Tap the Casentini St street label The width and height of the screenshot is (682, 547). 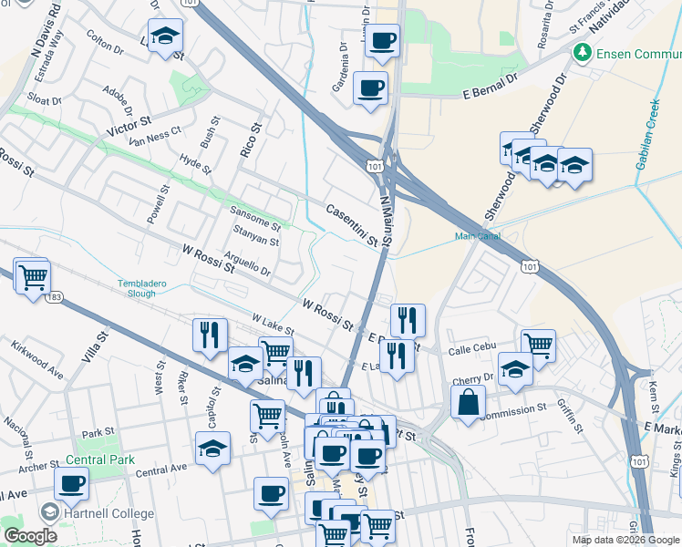pyautogui.click(x=352, y=224)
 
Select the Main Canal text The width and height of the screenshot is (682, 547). pyautogui.click(x=478, y=237)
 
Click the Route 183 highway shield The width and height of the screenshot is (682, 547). pyautogui.click(x=55, y=297)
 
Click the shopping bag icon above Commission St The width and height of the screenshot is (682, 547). pyautogui.click(x=468, y=400)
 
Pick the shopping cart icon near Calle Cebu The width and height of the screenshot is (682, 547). pyautogui.click(x=538, y=345)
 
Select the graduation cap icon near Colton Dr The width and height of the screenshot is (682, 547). pyautogui.click(x=166, y=36)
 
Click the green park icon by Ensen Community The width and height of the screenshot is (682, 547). pyautogui.click(x=583, y=53)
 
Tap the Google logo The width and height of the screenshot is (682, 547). pyautogui.click(x=30, y=536)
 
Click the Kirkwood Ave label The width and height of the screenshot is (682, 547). pyautogui.click(x=37, y=360)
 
